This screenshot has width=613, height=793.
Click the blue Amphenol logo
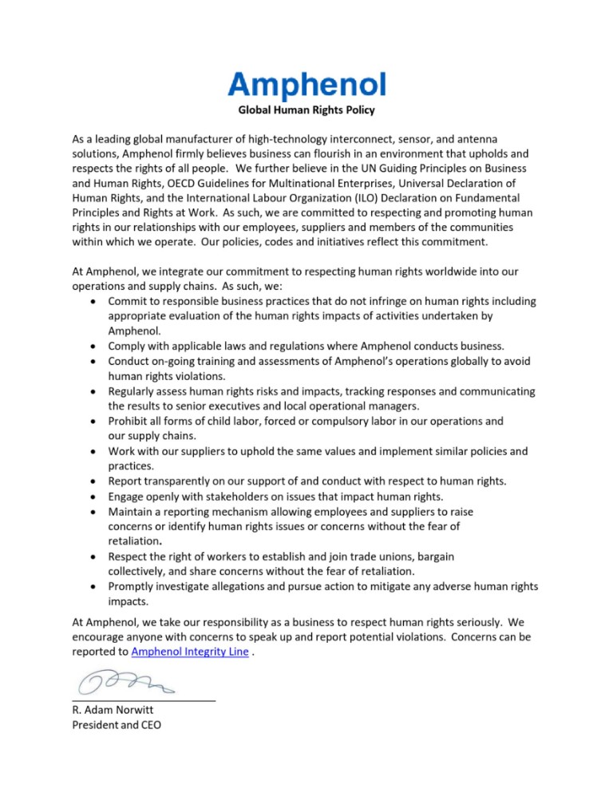click(x=306, y=84)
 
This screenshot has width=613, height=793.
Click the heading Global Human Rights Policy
click(x=306, y=109)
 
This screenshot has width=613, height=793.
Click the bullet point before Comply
click(x=95, y=346)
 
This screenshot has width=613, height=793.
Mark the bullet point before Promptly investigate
click(x=95, y=586)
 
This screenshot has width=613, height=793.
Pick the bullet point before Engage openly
click(x=95, y=496)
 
